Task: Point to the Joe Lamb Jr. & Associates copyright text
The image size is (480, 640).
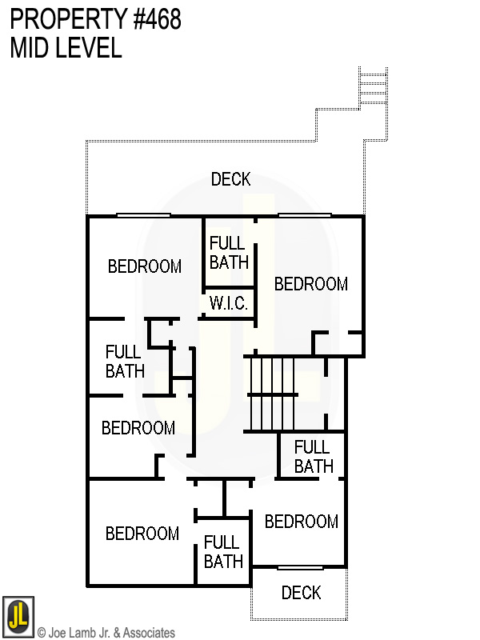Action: pos(106,633)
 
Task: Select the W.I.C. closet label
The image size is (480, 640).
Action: pos(229,304)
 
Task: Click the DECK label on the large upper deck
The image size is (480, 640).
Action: pos(230,179)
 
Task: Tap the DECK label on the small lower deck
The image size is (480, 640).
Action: pos(301,593)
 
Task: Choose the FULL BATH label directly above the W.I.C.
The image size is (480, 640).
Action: pos(229,252)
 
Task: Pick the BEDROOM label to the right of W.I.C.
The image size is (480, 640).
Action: pos(310,284)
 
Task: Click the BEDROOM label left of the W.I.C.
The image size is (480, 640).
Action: pos(145,266)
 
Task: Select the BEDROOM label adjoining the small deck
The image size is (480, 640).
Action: pos(301,522)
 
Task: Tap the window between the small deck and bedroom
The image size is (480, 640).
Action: pos(300,567)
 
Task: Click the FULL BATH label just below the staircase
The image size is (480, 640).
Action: pos(313,456)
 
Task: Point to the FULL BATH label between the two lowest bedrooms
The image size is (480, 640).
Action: pos(223,552)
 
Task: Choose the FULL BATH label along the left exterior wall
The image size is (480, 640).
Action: pos(125,361)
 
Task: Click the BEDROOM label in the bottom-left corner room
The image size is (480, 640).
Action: pos(142,533)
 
